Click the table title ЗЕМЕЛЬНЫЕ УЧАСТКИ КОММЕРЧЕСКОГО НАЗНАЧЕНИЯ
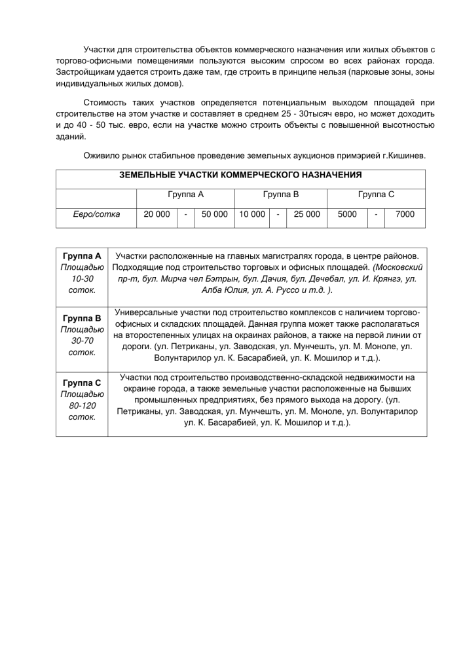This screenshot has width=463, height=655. pyautogui.click(x=240, y=176)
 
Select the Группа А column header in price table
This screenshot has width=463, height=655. pyautogui.click(x=185, y=195)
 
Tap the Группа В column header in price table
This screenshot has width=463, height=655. pyautogui.click(x=280, y=195)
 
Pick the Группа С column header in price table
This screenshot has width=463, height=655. pyautogui.click(x=376, y=195)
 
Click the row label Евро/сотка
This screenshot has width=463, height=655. pyautogui.click(x=96, y=214)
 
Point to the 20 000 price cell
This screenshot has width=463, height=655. pyautogui.click(x=157, y=214)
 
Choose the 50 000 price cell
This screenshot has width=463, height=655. pyautogui.click(x=214, y=214)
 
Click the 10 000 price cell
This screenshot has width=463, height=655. pyautogui.click(x=252, y=214)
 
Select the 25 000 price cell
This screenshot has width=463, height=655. pyautogui.click(x=307, y=214)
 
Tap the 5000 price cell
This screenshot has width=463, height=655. pyautogui.click(x=346, y=214)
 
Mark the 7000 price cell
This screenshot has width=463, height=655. pyautogui.click(x=405, y=214)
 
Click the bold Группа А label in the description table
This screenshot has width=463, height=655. pyautogui.click(x=82, y=255)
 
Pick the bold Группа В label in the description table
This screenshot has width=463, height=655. pyautogui.click(x=82, y=318)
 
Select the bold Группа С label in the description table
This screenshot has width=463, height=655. pyautogui.click(x=82, y=383)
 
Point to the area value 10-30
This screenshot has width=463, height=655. pyautogui.click(x=82, y=278)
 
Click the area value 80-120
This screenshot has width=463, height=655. pyautogui.click(x=82, y=405)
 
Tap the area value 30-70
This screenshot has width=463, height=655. pyautogui.click(x=82, y=341)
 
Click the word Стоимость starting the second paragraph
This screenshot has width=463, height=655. pyautogui.click(x=108, y=103)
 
